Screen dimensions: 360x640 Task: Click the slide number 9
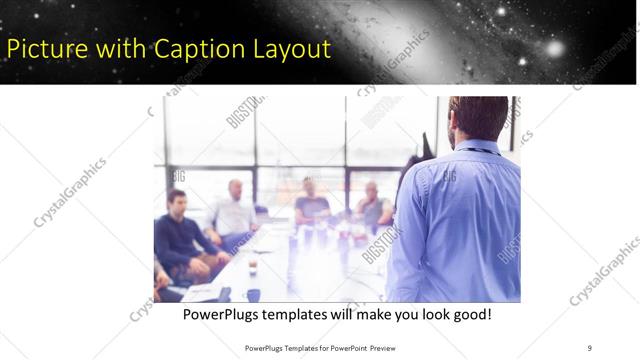pyautogui.click(x=590, y=347)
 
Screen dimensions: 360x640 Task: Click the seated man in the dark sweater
pyautogui.click(x=180, y=235)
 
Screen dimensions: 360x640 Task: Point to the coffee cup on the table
pyautogui.click(x=252, y=265)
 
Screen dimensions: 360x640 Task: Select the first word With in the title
pyautogui.click(x=124, y=47)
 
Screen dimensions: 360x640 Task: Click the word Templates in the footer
pyautogui.click(x=299, y=347)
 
